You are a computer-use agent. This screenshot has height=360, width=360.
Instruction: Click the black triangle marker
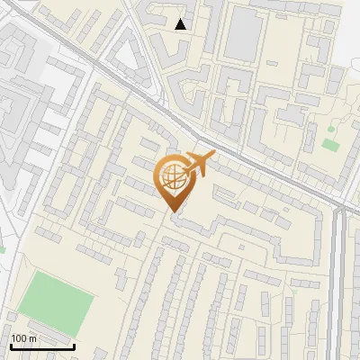[182, 24]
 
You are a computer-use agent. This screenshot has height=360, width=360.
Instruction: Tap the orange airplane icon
[198, 164]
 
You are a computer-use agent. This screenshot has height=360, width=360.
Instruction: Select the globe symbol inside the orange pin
[172, 175]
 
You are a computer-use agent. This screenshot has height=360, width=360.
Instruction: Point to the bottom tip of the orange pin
[172, 211]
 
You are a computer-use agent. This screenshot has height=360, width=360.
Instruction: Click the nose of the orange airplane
[213, 155]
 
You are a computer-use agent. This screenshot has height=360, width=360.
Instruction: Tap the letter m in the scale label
[32, 337]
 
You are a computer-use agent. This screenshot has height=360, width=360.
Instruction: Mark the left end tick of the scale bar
[11, 345]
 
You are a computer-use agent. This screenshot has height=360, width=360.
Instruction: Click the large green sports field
[57, 301]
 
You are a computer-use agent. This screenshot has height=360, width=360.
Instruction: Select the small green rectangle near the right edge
[330, 144]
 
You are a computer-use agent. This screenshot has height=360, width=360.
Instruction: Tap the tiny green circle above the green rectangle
[334, 128]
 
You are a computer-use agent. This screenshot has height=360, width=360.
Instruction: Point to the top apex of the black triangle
[182, 19]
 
